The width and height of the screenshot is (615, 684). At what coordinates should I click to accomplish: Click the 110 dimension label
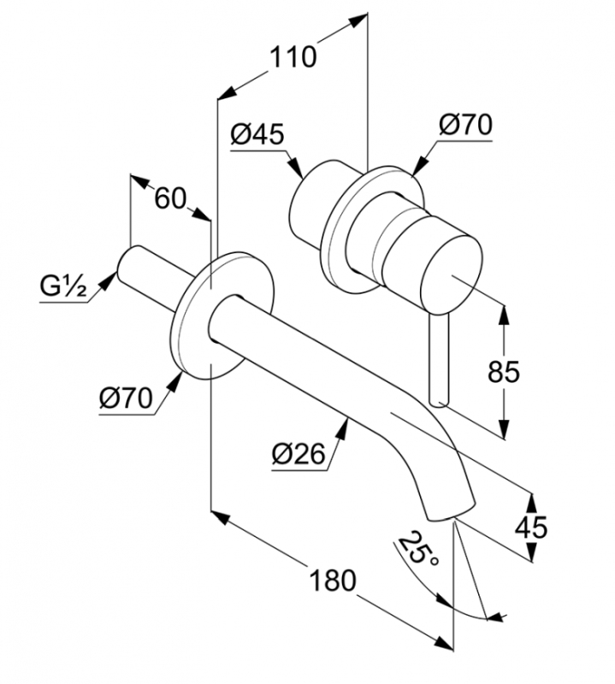tap(293, 58)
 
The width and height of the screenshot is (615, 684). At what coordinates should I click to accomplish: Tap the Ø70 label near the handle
tap(466, 125)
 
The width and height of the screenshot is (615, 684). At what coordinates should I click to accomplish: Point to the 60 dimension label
tap(170, 198)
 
